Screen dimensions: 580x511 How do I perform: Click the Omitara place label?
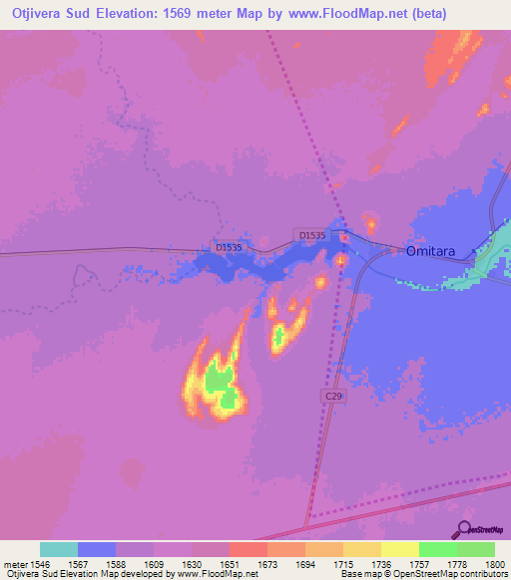point(430,252)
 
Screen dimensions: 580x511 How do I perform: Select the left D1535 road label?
point(229,246)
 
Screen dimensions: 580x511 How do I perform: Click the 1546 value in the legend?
point(40,563)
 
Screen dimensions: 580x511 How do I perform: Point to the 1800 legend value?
point(494,563)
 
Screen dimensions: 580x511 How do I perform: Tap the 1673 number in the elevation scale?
point(267,563)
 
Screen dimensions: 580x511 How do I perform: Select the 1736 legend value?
point(381,563)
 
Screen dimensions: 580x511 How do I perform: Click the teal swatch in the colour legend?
point(59,549)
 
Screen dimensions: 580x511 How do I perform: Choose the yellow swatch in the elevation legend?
point(400,549)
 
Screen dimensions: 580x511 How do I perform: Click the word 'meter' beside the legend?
point(14,563)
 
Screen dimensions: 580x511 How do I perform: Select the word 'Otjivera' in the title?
point(37,13)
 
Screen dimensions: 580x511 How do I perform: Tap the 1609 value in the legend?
point(154,563)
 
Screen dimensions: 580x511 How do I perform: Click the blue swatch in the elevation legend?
point(97,549)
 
